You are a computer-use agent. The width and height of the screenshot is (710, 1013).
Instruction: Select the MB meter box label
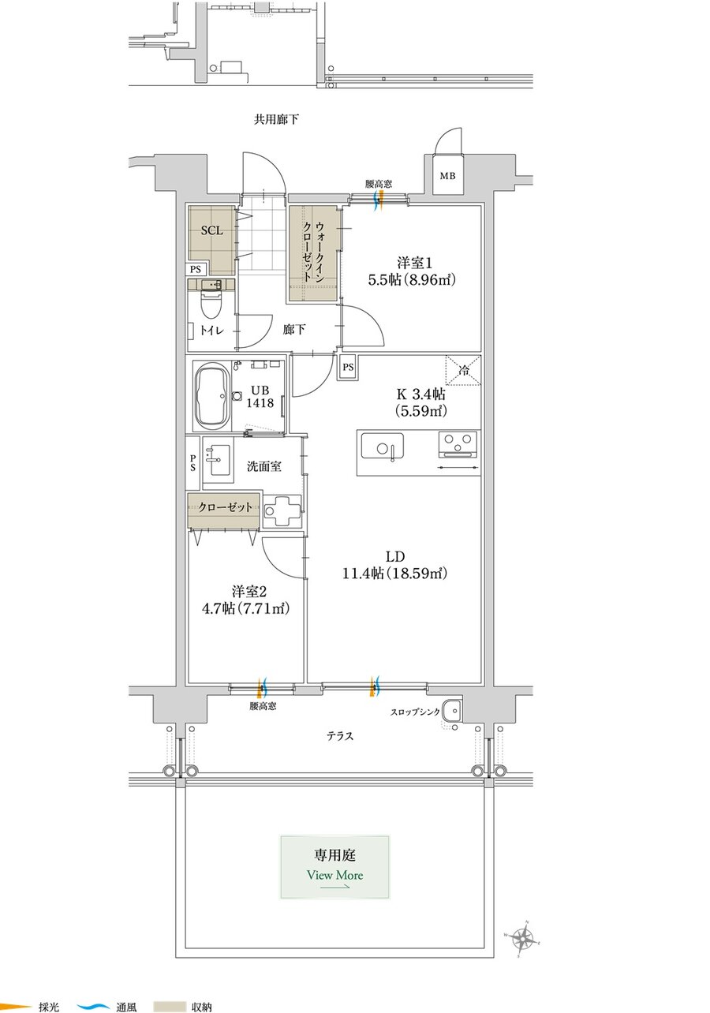448,176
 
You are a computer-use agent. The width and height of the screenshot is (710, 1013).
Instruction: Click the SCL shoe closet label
211,230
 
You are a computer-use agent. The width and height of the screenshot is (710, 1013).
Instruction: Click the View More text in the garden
334,875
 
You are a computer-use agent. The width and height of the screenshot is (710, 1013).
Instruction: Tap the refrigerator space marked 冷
462,370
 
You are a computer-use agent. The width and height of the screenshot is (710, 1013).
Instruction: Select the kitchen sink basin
382,446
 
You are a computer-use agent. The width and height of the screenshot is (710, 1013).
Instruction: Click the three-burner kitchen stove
458,443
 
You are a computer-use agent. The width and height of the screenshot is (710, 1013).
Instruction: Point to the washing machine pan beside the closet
282,510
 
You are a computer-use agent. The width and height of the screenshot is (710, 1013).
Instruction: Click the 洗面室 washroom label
264,466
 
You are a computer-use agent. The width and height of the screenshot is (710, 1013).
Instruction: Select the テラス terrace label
340,736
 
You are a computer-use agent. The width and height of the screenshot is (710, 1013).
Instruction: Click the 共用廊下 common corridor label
276,119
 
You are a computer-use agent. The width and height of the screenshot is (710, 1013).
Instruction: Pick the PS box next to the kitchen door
348,367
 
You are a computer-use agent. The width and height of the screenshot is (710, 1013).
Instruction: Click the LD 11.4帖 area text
394,565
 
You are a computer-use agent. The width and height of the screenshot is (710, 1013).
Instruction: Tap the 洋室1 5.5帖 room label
412,271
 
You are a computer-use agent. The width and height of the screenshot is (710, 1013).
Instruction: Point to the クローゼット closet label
225,507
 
